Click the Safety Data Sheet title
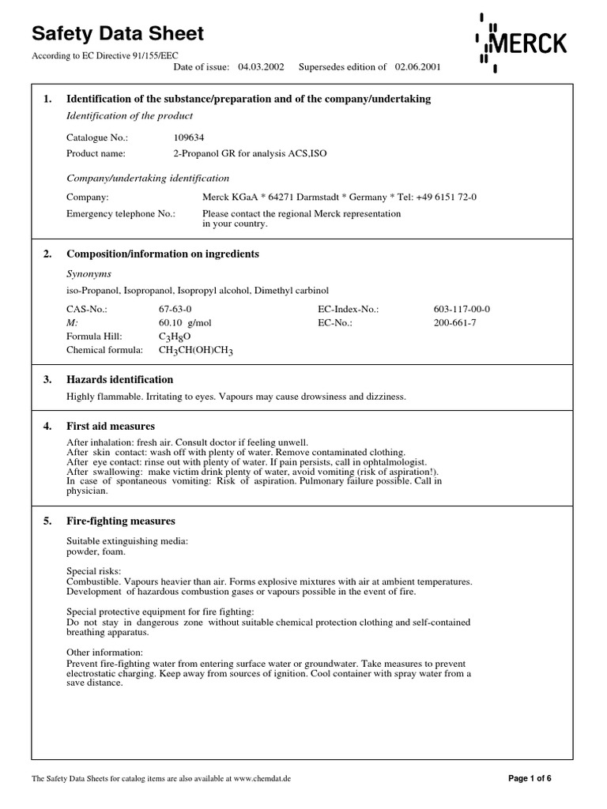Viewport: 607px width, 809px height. [117, 34]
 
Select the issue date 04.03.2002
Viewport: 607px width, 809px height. [261, 67]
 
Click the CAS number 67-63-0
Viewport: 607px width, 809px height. [175, 310]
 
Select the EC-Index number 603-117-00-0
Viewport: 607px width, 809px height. [462, 310]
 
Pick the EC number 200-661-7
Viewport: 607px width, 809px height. [454, 323]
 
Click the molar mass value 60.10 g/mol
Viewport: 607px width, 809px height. [185, 323]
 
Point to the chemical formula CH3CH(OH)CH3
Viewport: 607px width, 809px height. [196, 350]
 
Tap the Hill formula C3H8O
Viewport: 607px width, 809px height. [175, 337]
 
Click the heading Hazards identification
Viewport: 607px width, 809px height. [119, 380]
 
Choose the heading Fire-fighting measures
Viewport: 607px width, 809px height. [121, 521]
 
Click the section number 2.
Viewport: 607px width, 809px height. [47, 254]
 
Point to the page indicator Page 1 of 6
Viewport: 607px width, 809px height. [529, 778]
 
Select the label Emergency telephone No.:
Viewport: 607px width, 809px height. [120, 214]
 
